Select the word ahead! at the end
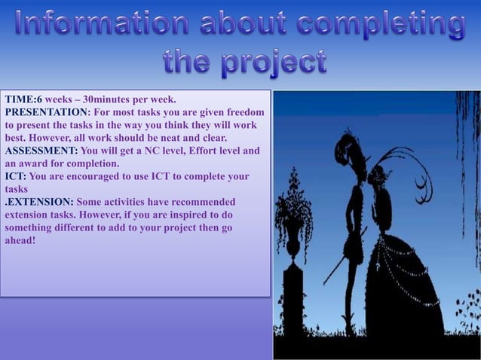(20, 240)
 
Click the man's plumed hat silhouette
(350, 143)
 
